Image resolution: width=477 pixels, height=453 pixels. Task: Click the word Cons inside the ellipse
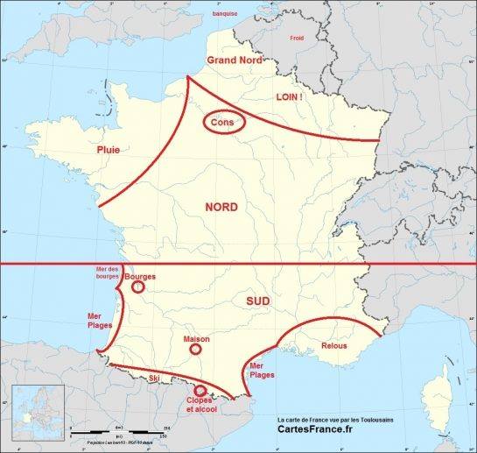(223, 124)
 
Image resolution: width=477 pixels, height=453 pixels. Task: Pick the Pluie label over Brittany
(108, 151)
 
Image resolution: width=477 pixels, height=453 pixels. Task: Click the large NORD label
(221, 207)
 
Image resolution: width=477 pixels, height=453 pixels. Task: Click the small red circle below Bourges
(137, 286)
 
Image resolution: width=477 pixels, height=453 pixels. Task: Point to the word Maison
(196, 337)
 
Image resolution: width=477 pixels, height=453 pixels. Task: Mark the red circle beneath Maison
(195, 349)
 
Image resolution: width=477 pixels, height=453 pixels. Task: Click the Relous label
(334, 346)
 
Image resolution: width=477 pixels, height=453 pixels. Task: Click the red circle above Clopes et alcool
(200, 391)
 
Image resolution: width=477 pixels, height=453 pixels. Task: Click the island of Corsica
(438, 389)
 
